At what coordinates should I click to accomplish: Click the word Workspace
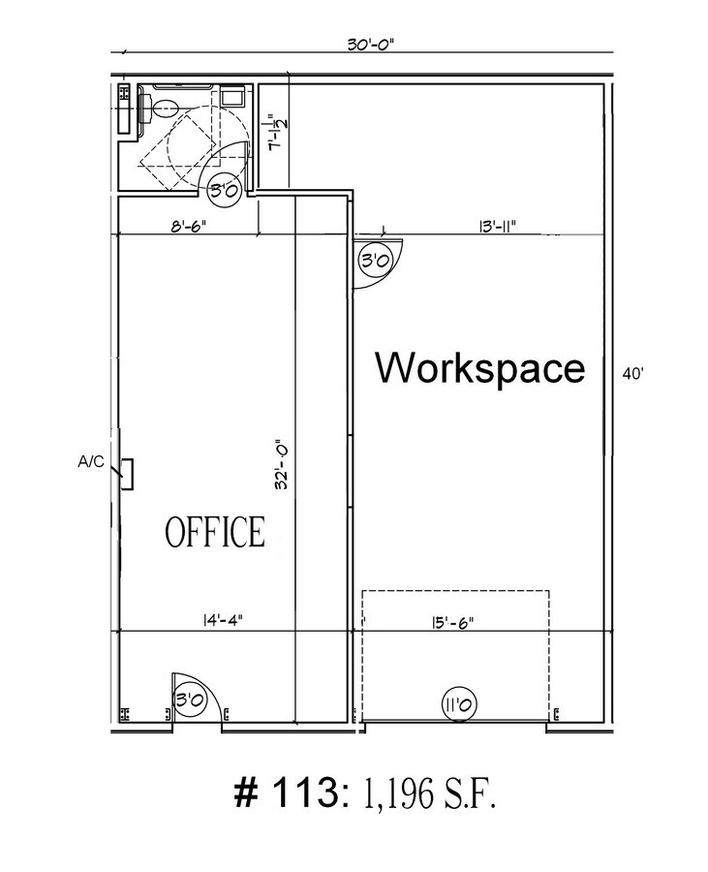480,369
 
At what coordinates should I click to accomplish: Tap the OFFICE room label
214,532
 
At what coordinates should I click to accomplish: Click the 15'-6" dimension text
446,623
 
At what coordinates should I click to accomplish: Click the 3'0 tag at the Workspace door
375,260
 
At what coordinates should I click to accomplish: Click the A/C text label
90,462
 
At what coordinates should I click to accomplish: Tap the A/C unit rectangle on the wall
126,473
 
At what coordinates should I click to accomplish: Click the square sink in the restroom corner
233,97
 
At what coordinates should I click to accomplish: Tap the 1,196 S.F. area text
429,795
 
